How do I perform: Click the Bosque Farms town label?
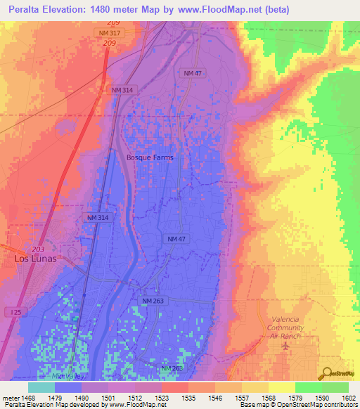tap(149, 157)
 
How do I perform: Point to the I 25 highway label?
tap(15, 311)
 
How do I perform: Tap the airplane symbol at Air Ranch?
tap(285, 346)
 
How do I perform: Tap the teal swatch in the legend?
tap(41, 387)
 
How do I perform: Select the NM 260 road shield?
tap(172, 368)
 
